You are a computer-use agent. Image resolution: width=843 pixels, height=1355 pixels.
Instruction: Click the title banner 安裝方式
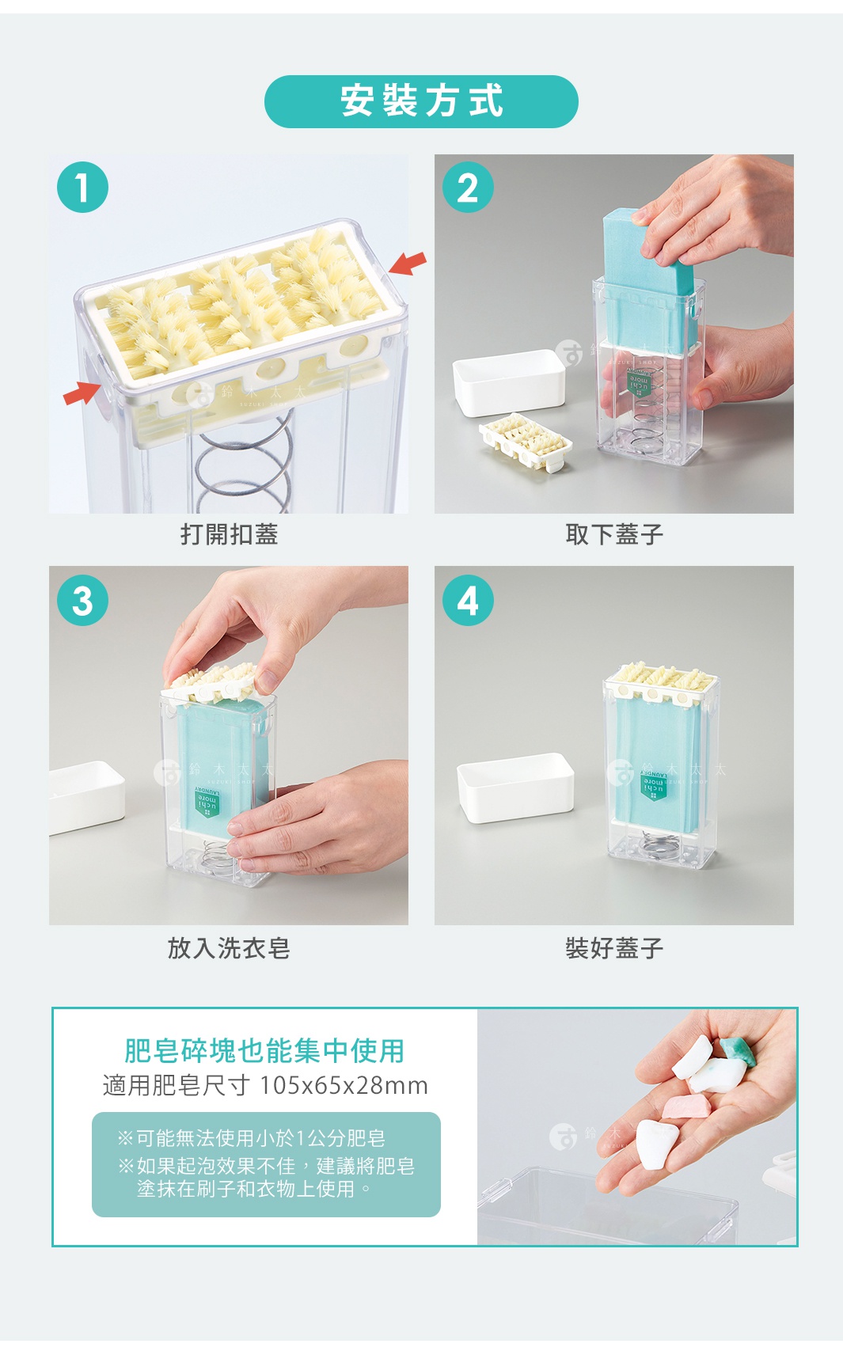coord(421,101)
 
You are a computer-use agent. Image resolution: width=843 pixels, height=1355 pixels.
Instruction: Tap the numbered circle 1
coord(82,188)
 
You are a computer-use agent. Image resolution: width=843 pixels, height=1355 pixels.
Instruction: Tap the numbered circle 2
coord(468,188)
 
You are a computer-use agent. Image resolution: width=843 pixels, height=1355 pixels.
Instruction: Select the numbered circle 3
coord(82,601)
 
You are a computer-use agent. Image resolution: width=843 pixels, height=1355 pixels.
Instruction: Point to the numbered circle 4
coord(468,601)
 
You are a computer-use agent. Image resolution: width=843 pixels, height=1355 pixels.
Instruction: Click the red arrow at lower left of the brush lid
coord(82,392)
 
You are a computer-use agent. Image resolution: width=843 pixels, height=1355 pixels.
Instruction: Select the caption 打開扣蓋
coord(229,534)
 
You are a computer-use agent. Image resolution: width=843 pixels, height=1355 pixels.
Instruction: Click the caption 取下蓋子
coord(614,534)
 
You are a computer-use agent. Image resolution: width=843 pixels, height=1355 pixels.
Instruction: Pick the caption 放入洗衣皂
coord(229,947)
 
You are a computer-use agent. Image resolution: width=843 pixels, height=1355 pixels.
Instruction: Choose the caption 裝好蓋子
coord(614,947)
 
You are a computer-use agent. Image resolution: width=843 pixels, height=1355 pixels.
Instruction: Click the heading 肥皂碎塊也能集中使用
coord(264,1051)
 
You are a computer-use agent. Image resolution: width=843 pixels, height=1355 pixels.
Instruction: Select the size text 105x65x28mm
coord(344,1085)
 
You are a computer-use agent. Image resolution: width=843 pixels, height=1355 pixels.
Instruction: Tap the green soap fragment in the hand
coord(735,1049)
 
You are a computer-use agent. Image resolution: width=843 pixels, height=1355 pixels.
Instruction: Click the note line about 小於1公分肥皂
coord(252,1138)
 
